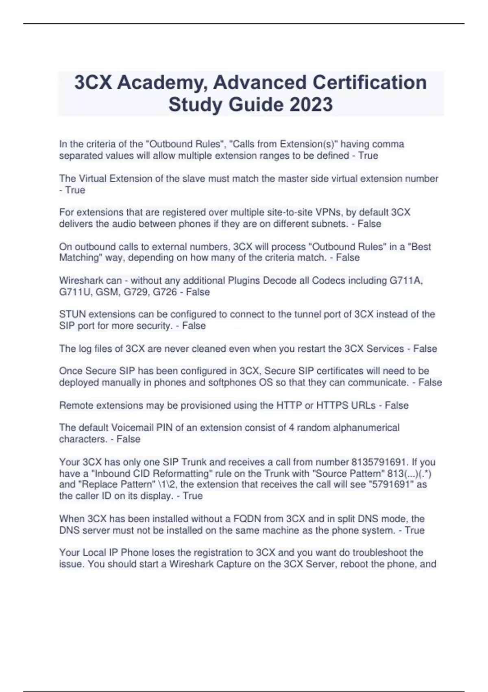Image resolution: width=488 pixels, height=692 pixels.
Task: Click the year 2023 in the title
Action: point(311,105)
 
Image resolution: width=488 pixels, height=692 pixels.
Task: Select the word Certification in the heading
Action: point(369,83)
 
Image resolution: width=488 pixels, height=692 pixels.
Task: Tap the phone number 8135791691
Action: point(379,462)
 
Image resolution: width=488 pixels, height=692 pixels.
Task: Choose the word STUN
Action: point(72,314)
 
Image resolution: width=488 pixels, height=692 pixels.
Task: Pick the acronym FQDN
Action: point(247,519)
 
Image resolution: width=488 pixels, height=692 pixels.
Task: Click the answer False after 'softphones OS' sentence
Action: point(430,383)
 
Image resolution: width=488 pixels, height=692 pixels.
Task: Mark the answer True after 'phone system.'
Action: point(414,530)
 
